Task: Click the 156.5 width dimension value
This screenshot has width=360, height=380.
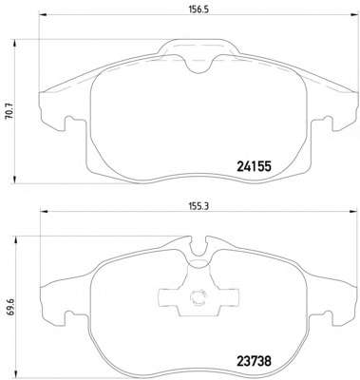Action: [x=199, y=9]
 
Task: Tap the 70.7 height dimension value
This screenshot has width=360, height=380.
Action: [x=9, y=111]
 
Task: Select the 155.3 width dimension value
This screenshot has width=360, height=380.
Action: [x=199, y=206]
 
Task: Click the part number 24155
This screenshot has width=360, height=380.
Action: [x=254, y=166]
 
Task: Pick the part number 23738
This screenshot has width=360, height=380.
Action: [x=254, y=361]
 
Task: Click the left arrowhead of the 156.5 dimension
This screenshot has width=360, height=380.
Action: [x=43, y=14]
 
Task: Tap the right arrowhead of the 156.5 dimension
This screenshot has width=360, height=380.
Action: [x=353, y=14]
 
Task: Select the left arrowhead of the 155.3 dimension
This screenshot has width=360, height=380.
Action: [x=43, y=211]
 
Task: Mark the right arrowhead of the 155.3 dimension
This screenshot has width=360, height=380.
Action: [x=352, y=211]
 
